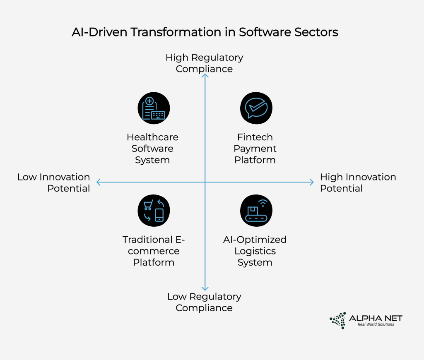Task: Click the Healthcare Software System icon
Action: click(153, 108)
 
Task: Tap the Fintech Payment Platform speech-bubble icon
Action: click(256, 108)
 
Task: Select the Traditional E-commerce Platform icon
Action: click(153, 211)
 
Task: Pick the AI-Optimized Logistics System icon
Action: click(256, 211)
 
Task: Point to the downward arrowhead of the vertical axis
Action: click(205, 288)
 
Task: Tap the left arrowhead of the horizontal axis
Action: click(99, 182)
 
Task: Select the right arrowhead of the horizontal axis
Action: click(311, 182)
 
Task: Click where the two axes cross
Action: click(205, 182)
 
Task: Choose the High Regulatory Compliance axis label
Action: click(204, 63)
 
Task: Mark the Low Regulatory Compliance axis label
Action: click(204, 302)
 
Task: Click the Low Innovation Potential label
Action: click(54, 182)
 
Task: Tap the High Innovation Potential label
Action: click(358, 182)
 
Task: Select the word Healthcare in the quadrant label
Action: click(152, 137)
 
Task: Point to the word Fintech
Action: click(255, 137)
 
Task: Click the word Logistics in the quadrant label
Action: click(255, 251)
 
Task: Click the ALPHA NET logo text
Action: click(376, 318)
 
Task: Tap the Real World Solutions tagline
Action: click(376, 324)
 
